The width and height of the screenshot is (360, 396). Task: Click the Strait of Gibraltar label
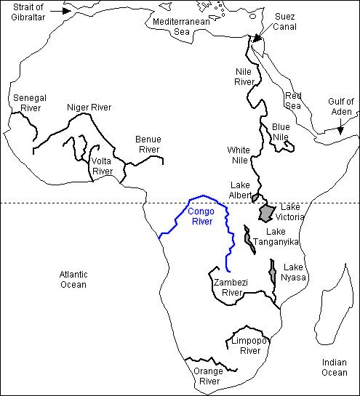point(23,13)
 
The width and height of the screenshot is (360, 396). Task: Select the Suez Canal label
point(284,22)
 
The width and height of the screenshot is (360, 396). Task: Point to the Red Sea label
point(293,101)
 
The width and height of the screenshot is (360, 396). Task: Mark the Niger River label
point(89,108)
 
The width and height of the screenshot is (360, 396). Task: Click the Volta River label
point(102,166)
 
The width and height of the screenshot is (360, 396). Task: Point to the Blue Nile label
point(281,132)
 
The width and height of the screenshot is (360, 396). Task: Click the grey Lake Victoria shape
point(268,213)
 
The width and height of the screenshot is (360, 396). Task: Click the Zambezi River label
point(225,287)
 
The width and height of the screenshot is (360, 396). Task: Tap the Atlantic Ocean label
point(73,279)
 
